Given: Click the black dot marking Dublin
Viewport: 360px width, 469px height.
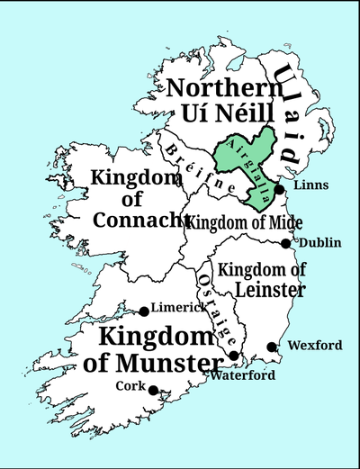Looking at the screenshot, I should coord(285,243).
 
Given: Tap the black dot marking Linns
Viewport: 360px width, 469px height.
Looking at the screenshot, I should coord(280,190).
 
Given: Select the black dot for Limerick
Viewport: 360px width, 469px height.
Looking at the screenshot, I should coord(144,311).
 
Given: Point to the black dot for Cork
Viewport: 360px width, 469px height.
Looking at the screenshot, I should coord(153,390).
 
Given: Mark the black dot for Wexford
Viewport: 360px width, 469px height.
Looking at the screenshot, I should coord(272,347).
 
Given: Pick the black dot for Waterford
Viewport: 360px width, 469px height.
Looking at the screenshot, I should coord(234,356).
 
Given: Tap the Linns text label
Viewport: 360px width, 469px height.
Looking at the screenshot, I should coord(310,185).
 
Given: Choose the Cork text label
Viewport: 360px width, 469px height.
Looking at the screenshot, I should coord(130,385).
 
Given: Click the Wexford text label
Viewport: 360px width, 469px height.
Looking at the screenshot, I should coord(315,345).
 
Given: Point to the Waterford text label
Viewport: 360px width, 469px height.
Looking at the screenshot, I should coord(242,375).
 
